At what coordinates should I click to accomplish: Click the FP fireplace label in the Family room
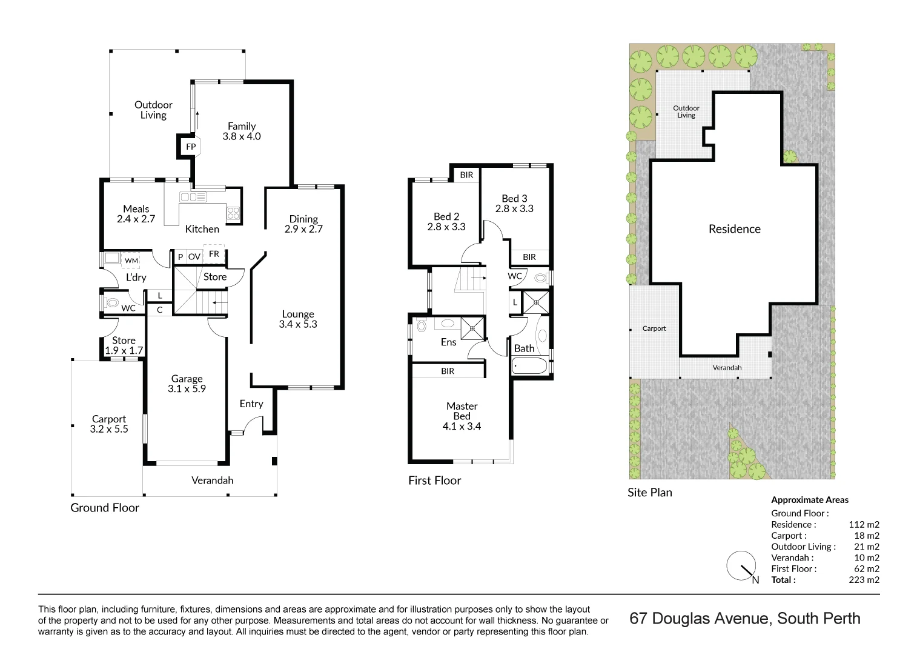(x=191, y=147)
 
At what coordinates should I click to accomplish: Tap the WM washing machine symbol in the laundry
(x=131, y=261)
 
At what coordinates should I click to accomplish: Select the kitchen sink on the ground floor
(x=193, y=197)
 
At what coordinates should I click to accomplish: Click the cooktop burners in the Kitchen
(x=233, y=213)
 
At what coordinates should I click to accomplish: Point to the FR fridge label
(x=214, y=254)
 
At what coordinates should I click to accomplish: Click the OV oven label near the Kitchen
(x=194, y=257)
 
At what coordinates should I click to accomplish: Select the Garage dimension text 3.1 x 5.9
(x=187, y=389)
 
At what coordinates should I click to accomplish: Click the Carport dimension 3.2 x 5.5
(x=109, y=429)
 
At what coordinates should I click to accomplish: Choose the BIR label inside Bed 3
(x=529, y=257)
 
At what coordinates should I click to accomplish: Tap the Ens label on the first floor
(x=448, y=342)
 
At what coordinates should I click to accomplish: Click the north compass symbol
(x=741, y=566)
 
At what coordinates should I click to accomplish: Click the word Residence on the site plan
(x=734, y=229)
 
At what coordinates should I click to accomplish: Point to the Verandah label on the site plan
(x=727, y=368)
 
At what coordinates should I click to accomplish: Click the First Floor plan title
(x=434, y=481)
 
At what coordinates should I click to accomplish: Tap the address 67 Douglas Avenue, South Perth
(x=744, y=619)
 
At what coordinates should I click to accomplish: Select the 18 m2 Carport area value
(x=866, y=536)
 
